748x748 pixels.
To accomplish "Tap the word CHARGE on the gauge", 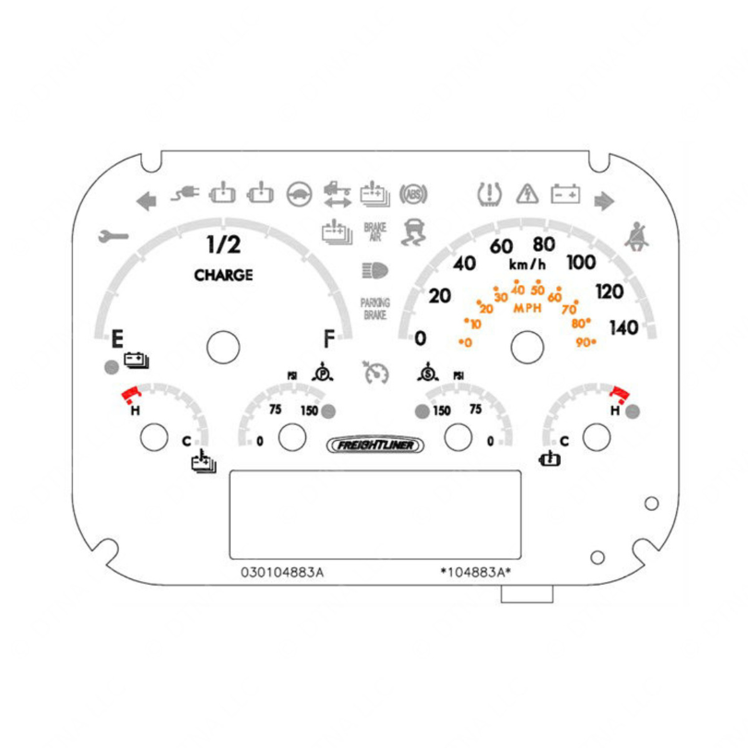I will coord(223,275).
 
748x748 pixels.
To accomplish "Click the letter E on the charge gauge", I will coord(117,338).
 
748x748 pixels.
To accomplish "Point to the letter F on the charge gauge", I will coord(329,338).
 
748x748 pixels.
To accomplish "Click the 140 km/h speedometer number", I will coord(623,327).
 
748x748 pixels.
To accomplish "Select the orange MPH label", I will coord(528,308).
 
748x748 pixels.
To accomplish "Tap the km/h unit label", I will coord(528,265).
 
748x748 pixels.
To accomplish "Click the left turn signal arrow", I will coord(146,199).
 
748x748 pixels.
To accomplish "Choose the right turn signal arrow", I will coord(604,199).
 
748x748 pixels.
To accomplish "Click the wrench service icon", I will coord(113,237).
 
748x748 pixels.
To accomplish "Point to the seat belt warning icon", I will coord(635,236).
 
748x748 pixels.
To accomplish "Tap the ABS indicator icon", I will coord(413,195).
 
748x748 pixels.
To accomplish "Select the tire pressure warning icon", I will coord(489,194).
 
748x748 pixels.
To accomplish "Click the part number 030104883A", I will coord(282,572).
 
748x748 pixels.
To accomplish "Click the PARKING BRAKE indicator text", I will coord(375,309).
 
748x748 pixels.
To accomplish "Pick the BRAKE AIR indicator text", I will coord(374,232).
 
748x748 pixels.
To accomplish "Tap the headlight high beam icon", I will coord(375,270).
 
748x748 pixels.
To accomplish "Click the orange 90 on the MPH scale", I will coord(585,342).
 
